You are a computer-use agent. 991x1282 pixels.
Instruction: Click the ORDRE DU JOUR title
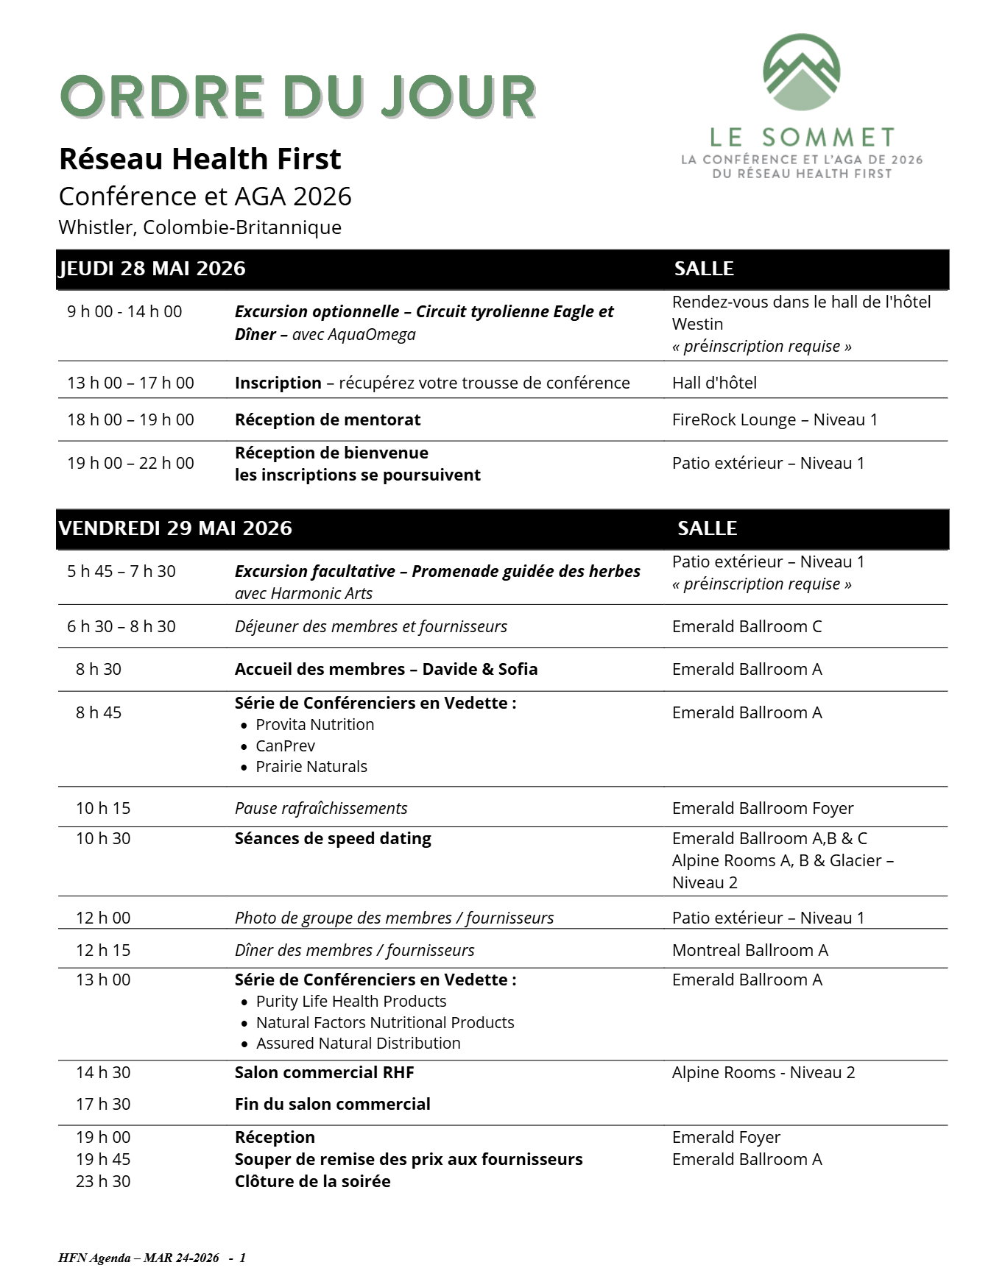[x=297, y=96]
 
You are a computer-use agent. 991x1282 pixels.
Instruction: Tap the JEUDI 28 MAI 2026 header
[x=152, y=269]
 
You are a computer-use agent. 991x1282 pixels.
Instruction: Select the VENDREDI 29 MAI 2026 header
[x=175, y=528]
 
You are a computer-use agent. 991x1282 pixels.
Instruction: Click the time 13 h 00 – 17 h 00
[x=131, y=383]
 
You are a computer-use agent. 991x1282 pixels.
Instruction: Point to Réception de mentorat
[x=328, y=419]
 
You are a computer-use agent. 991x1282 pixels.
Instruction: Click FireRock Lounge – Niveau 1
[x=775, y=419]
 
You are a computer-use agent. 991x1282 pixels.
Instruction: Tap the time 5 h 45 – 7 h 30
[x=121, y=571]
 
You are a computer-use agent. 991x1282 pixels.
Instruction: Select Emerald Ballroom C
[x=747, y=626]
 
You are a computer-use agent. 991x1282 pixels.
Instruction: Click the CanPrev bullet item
[x=285, y=746]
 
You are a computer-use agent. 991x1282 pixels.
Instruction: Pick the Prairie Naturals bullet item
[x=311, y=766]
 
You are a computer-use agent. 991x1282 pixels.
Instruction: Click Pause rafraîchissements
[x=320, y=808]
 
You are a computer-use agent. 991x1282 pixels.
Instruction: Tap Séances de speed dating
[x=333, y=838]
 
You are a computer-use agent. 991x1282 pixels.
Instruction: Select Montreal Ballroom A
[x=750, y=950]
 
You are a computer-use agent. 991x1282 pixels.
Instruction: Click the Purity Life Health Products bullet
[x=350, y=1001]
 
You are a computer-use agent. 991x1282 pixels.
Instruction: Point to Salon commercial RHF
[x=324, y=1072]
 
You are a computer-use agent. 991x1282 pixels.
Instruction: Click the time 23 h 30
[x=103, y=1181]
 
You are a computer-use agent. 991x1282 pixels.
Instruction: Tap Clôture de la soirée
[x=312, y=1181]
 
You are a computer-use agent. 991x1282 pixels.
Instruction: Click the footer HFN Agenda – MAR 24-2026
[x=138, y=1258]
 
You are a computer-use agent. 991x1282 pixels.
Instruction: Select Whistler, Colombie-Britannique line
[x=200, y=227]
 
